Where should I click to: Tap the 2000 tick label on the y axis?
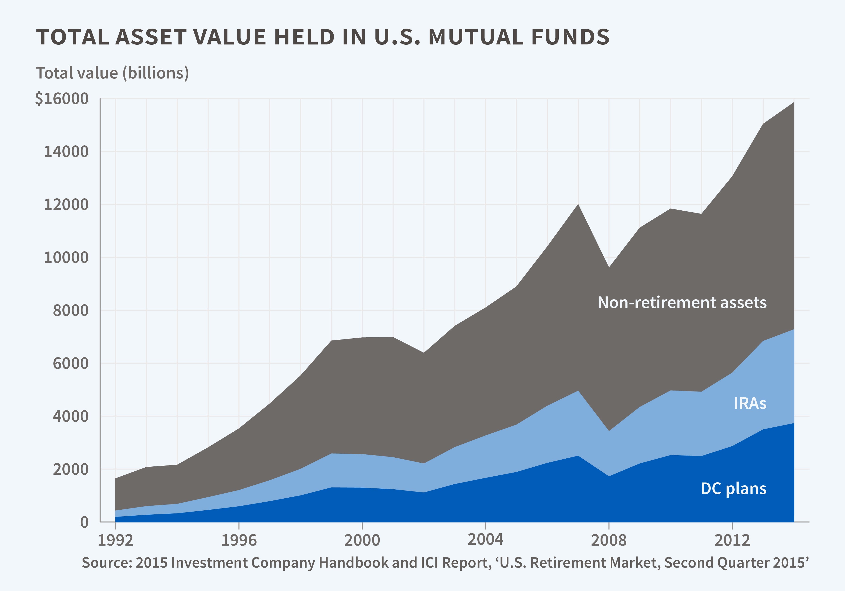pos(71,469)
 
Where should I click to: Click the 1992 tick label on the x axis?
pos(116,540)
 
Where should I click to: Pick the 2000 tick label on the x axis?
pos(362,540)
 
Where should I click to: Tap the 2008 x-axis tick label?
pos(609,540)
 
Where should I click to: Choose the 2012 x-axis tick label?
pos(732,540)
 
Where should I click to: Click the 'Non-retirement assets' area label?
pos(682,303)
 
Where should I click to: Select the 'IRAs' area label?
pos(750,403)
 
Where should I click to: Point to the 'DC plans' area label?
pos(733,489)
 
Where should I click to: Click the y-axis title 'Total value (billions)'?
pos(112,73)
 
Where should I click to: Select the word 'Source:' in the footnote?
pos(106,563)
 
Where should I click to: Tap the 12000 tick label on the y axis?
pos(66,205)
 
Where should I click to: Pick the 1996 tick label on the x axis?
pos(239,540)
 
